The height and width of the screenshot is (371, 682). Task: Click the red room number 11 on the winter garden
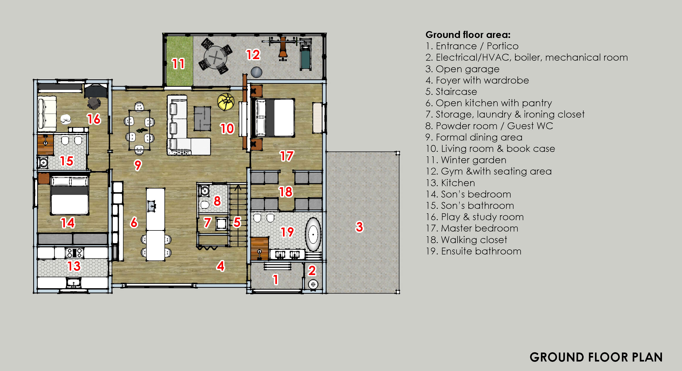click(x=178, y=64)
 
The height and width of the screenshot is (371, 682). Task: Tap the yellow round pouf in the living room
click(x=226, y=102)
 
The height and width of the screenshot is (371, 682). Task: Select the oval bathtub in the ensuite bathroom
click(x=314, y=234)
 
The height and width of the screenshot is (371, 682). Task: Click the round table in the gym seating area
click(x=216, y=57)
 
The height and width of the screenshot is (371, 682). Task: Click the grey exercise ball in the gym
click(x=256, y=72)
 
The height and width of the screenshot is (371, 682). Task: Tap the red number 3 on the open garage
click(x=359, y=227)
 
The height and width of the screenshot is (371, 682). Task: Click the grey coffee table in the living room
click(x=203, y=119)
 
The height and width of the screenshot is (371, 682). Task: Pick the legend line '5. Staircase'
click(x=451, y=91)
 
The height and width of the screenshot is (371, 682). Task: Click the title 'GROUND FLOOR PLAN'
click(x=596, y=357)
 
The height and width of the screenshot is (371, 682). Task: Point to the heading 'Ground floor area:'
click(x=468, y=35)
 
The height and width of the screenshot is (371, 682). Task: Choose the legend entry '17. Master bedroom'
click(x=472, y=228)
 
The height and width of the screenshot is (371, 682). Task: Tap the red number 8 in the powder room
click(x=217, y=201)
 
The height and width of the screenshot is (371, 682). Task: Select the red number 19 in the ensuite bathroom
click(x=287, y=232)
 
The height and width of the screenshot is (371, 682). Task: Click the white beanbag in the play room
click(x=66, y=119)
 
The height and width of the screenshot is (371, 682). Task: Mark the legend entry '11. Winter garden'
click(x=466, y=160)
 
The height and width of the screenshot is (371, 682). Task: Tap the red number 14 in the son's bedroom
click(x=68, y=223)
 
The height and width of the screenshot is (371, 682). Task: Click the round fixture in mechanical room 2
click(x=313, y=285)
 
